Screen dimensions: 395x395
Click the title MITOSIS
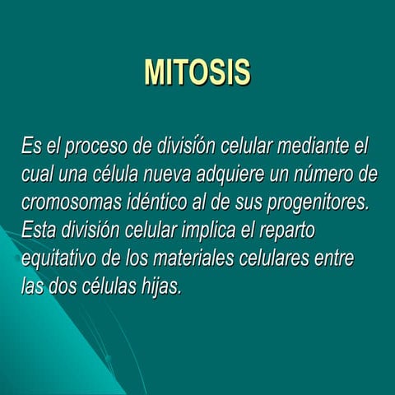197,72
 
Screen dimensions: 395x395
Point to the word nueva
162,175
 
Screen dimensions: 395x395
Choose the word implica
221,231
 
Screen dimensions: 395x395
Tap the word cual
37,175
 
